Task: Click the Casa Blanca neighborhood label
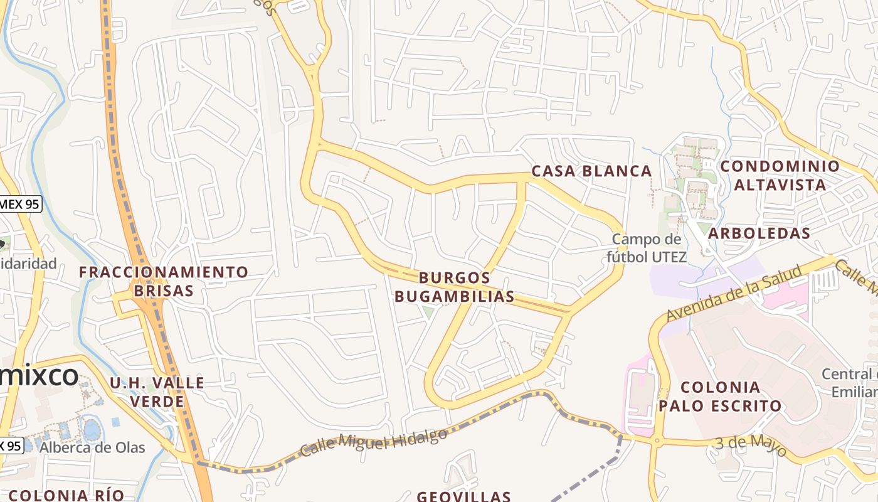tap(591, 171)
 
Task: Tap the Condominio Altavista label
tap(780, 175)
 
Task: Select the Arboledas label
tap(759, 233)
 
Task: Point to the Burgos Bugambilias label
tap(455, 287)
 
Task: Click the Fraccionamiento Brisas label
tap(163, 281)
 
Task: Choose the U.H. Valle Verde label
tap(157, 392)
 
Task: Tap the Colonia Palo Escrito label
tap(720, 396)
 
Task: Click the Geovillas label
tap(463, 496)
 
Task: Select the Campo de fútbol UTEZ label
tap(646, 248)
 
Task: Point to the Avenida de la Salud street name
tap(734, 292)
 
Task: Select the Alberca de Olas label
tap(92, 447)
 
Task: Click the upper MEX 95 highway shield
tap(20, 203)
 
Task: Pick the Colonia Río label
tap(66, 494)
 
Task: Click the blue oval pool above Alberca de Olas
tap(92, 430)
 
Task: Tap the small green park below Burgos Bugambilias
tap(429, 311)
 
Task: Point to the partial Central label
tap(849, 375)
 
